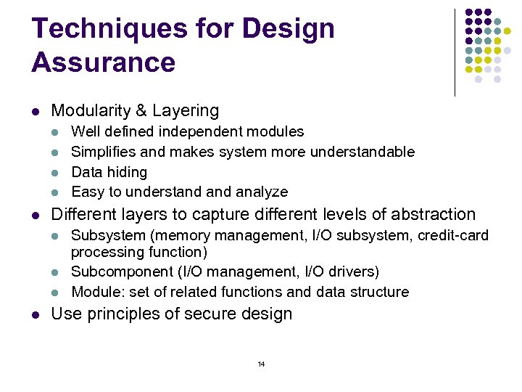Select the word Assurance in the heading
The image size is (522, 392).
click(x=103, y=62)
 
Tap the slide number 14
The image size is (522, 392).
click(x=261, y=364)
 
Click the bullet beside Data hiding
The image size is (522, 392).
click(x=57, y=173)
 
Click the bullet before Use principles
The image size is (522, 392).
click(x=36, y=315)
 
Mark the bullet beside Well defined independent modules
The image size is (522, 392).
click(x=57, y=132)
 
